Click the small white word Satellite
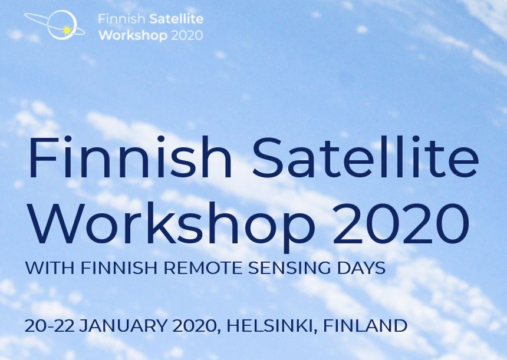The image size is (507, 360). tap(177, 19)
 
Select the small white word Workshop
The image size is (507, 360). tap(133, 35)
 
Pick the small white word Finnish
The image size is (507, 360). tap(122, 19)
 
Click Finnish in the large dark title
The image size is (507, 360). tap(130, 157)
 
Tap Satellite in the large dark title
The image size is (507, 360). tap(366, 157)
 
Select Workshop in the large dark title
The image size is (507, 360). tap(173, 224)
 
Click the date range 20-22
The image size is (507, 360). tap(50, 326)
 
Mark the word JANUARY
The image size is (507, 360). tap(123, 326)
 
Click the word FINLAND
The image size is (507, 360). tap(366, 326)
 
